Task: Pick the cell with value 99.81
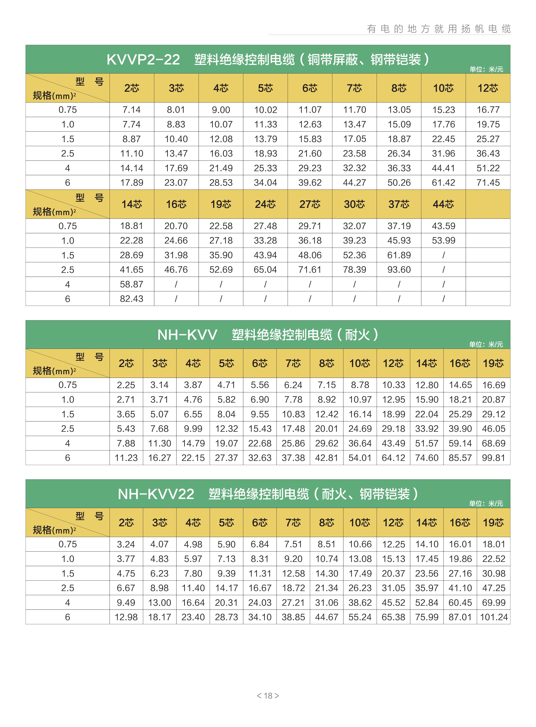493,458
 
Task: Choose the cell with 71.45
488,183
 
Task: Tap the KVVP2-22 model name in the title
143,60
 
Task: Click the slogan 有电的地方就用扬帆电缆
439,29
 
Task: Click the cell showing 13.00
159,602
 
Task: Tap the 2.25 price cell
126,385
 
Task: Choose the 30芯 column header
354,204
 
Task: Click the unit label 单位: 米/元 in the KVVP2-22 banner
486,69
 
